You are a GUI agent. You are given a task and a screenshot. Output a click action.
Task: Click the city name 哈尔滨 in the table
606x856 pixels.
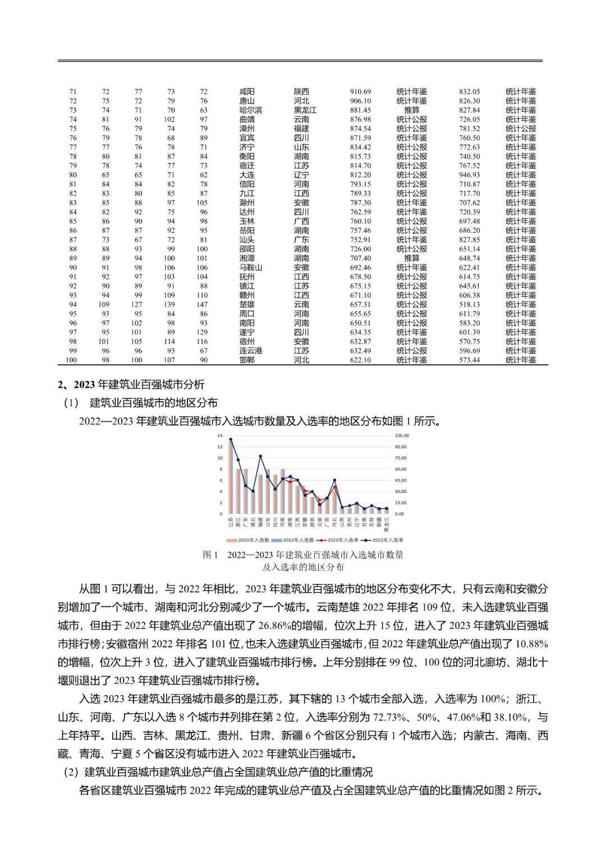click(x=250, y=110)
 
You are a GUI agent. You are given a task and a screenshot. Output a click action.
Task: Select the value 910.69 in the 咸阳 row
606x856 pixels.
click(x=360, y=91)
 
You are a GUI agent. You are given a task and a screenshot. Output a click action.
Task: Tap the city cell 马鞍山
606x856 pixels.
click(x=250, y=268)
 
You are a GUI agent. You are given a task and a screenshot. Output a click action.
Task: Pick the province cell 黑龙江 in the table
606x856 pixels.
click(x=305, y=110)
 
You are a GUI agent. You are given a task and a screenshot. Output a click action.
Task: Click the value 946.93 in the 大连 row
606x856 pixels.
click(x=469, y=175)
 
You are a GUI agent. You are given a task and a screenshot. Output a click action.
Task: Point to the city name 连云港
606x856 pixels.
click(x=250, y=351)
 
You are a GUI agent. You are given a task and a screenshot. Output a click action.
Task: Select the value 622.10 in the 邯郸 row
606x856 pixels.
click(x=360, y=360)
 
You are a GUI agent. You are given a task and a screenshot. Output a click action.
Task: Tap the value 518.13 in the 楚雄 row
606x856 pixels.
click(x=469, y=305)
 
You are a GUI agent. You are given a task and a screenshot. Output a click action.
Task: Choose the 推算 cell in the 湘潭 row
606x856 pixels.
click(x=411, y=258)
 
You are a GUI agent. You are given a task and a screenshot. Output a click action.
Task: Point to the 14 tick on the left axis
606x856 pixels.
click(x=221, y=436)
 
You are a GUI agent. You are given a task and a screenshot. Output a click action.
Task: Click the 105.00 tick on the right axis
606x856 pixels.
click(x=401, y=436)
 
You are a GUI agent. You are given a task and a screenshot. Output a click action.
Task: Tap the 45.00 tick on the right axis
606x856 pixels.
click(x=401, y=480)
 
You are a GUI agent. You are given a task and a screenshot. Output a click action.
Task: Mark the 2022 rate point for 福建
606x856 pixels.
click(x=260, y=457)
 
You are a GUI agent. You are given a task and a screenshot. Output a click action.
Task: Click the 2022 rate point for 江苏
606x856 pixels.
click(x=231, y=440)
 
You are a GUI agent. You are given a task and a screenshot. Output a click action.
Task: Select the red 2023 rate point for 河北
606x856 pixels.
click(x=334, y=487)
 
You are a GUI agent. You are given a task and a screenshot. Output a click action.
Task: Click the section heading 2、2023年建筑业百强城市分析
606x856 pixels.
click(x=131, y=384)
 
